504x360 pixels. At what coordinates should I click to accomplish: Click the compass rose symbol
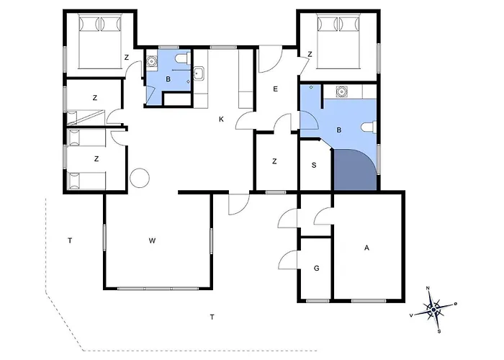point(433,309)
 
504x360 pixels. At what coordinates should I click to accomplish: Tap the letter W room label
point(153,240)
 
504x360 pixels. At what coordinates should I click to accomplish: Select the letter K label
point(221,120)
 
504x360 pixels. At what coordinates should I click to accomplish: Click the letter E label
point(276,89)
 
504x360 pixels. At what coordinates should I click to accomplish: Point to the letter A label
point(366,248)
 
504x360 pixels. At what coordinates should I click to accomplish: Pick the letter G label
point(317,268)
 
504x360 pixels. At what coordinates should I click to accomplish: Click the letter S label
point(314,165)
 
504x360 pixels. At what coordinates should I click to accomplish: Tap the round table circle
point(140,178)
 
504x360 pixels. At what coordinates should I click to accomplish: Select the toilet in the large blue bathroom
point(369,127)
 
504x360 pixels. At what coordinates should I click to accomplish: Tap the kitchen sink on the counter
point(199,74)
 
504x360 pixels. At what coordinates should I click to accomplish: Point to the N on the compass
point(428,288)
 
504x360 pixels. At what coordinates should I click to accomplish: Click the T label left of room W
point(70,240)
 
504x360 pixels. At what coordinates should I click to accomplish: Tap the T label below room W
point(212,318)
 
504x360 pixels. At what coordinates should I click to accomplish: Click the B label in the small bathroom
point(168,79)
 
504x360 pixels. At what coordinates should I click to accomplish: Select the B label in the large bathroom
point(339,130)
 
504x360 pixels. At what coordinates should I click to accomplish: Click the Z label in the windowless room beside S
point(274,161)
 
